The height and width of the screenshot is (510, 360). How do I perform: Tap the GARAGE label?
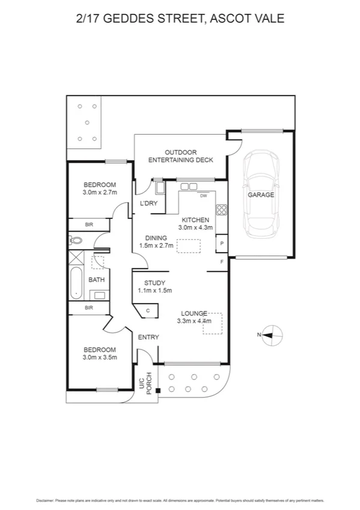[x=261, y=195]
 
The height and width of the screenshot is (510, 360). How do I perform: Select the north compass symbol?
[x=270, y=335]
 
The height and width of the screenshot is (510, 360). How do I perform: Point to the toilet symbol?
[x=76, y=241]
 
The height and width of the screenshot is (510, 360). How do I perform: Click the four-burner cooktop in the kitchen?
[x=221, y=210]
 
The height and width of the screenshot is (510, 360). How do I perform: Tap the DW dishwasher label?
[x=203, y=196]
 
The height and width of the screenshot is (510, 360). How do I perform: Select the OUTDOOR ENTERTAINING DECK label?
[x=180, y=156]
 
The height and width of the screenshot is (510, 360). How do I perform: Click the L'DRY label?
[x=148, y=204]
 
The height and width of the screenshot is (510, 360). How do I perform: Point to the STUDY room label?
[x=154, y=283]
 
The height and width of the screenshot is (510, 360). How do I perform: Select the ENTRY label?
[x=148, y=337]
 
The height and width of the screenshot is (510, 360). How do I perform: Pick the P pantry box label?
[x=222, y=244]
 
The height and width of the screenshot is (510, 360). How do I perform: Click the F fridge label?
[x=222, y=262]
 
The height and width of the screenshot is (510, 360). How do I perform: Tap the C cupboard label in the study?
[x=148, y=311]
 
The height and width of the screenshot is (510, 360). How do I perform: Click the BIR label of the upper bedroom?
[x=89, y=225]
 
